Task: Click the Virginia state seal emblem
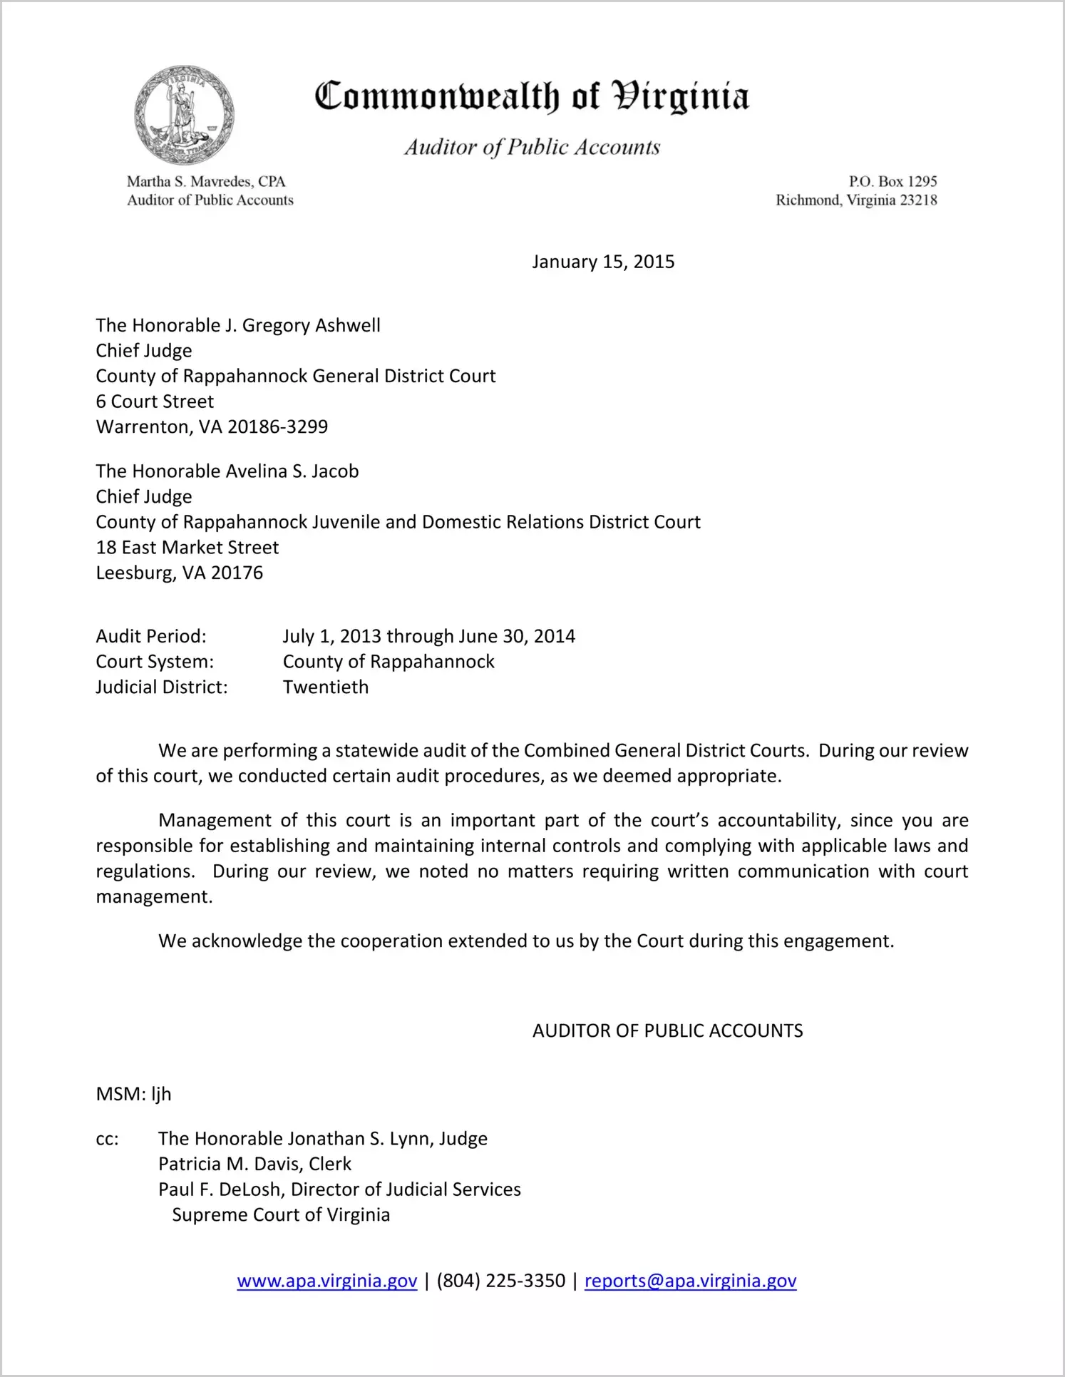click(x=184, y=115)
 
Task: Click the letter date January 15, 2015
click(x=603, y=262)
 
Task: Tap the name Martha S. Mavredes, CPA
click(x=206, y=182)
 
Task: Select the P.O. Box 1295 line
click(x=892, y=182)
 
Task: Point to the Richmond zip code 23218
click(x=918, y=200)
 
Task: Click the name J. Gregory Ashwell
click(x=302, y=326)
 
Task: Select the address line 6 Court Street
click(x=155, y=401)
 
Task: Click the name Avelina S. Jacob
click(x=292, y=471)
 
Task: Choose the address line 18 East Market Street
click(x=187, y=548)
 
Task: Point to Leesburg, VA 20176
click(x=180, y=573)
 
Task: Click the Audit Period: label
click(x=151, y=636)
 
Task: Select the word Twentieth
click(x=326, y=687)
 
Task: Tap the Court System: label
click(x=155, y=662)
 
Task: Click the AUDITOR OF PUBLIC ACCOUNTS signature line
click(x=667, y=1031)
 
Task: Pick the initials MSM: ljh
click(x=133, y=1095)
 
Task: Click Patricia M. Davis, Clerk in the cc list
click(x=254, y=1164)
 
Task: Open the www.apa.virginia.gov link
click(x=327, y=1281)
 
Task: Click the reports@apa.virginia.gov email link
click(x=690, y=1281)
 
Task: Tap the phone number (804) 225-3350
click(x=501, y=1281)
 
